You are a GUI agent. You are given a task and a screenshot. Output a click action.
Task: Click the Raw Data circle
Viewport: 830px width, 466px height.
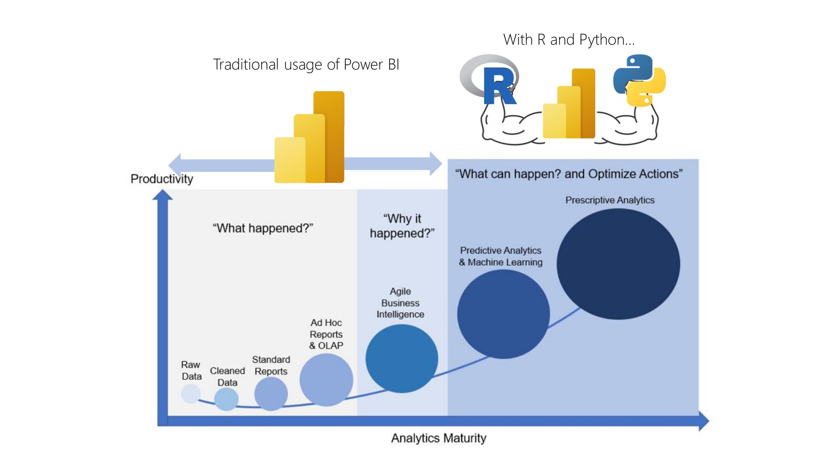pyautogui.click(x=190, y=394)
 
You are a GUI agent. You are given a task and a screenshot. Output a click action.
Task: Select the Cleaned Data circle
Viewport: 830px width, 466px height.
pyautogui.click(x=226, y=399)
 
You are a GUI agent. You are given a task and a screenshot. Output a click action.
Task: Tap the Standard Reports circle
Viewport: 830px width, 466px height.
pyautogui.click(x=271, y=394)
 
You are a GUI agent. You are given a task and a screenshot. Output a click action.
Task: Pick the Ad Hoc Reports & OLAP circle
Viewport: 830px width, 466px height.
pyautogui.click(x=326, y=380)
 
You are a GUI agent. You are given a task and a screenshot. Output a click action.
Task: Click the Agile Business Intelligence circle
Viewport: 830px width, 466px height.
pyautogui.click(x=402, y=358)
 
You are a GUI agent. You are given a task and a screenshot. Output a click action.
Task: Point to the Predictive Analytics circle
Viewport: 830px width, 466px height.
pyautogui.click(x=504, y=314)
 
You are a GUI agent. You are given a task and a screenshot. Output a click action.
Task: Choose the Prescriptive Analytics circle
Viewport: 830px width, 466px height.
pyautogui.click(x=618, y=264)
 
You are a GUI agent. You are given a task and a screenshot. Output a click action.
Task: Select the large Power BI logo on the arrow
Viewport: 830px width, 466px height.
pyautogui.click(x=310, y=138)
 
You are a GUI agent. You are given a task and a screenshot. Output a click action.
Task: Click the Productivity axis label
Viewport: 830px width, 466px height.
pyautogui.click(x=162, y=179)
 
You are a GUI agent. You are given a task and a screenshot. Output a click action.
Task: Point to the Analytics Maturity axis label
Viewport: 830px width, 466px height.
pyautogui.click(x=439, y=438)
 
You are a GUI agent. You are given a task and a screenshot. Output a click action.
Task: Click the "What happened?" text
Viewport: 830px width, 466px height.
pyautogui.click(x=263, y=228)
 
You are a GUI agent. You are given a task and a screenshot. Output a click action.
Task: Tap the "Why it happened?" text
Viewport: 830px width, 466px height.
pyautogui.click(x=402, y=226)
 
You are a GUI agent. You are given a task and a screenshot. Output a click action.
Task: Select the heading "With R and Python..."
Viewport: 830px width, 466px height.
pyautogui.click(x=569, y=40)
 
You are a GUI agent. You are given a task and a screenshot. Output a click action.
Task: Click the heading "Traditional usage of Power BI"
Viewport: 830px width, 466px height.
pyautogui.click(x=306, y=64)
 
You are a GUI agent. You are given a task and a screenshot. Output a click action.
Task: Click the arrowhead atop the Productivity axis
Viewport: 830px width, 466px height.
pyautogui.click(x=162, y=196)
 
